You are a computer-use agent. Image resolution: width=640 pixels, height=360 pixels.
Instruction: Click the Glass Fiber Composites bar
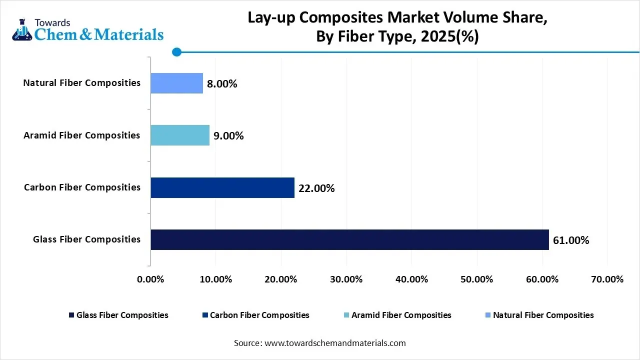349,239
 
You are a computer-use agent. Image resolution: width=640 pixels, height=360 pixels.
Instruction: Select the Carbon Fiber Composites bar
222,187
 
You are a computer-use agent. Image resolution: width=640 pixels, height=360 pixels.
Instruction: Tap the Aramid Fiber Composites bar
180,135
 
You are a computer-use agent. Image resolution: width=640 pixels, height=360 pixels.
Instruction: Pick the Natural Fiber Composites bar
177,83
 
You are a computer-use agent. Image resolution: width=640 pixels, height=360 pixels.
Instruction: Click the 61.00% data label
571,240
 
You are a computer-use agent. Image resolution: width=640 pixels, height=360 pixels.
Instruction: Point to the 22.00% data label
316,188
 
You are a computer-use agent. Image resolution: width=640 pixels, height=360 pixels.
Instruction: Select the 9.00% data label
228,135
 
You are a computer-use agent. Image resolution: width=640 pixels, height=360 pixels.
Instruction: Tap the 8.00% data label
222,84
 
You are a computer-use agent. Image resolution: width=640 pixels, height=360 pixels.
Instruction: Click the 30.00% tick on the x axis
346,279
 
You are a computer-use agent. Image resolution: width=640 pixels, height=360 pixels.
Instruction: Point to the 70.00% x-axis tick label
607,279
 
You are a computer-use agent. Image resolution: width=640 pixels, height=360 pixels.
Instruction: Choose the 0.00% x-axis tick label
150,279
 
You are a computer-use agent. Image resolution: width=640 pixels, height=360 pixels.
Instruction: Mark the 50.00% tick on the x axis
477,279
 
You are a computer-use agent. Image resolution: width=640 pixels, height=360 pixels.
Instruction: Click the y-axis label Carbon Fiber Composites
82,187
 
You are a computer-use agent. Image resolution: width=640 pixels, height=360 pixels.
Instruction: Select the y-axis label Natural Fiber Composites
82,83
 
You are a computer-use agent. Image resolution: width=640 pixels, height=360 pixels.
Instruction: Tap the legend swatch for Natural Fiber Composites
487,315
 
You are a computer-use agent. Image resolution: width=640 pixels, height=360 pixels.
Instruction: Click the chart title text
397,27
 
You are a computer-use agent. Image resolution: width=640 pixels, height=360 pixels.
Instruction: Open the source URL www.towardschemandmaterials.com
334,343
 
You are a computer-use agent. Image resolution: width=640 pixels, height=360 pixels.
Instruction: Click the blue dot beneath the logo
176,51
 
